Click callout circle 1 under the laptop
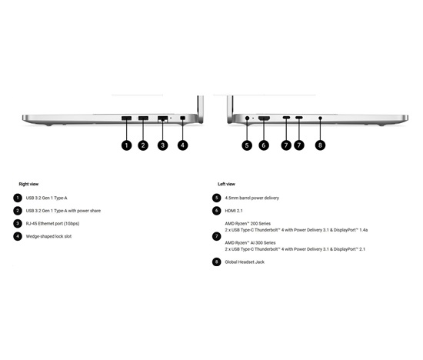tap(127, 145)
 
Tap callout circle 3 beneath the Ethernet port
tap(163, 145)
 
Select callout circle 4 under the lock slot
tap(182, 145)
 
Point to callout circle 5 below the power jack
tap(247, 145)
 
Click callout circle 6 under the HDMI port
tap(264, 145)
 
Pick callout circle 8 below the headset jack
tap(320, 145)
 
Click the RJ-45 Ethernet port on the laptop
tap(163, 118)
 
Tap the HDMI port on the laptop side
tap(264, 118)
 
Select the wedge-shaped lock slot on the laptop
tap(182, 118)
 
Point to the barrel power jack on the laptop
tap(247, 118)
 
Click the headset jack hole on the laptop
tap(320, 118)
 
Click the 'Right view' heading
tap(28, 184)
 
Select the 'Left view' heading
tap(226, 184)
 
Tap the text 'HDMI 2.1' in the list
tap(234, 211)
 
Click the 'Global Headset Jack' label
tap(245, 262)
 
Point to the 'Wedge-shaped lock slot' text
tap(48, 236)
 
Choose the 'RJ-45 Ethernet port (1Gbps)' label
tap(52, 223)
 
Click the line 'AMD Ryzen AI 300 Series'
tap(251, 243)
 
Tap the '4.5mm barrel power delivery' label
tap(252, 198)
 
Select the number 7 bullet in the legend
tap(217, 236)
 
